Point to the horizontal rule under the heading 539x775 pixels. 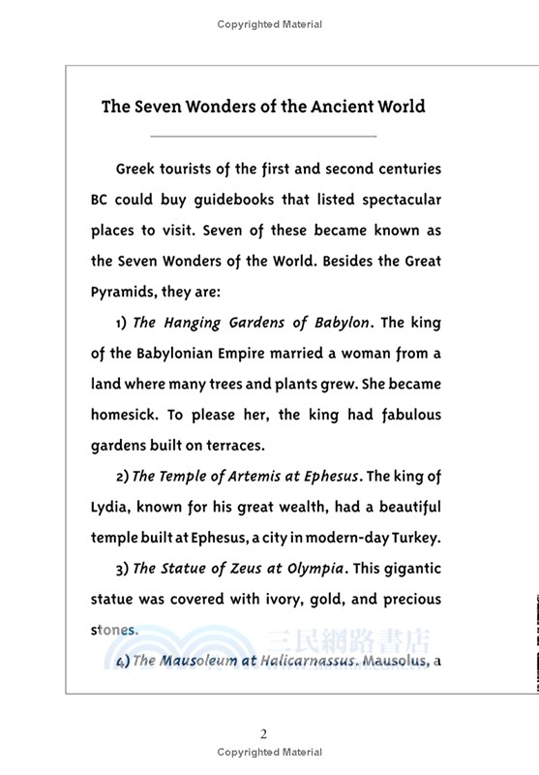(263, 137)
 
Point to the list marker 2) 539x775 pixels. (122, 477)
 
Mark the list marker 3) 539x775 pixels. (122, 570)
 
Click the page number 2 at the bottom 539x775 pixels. (263, 733)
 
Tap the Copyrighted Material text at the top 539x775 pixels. (269, 24)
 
